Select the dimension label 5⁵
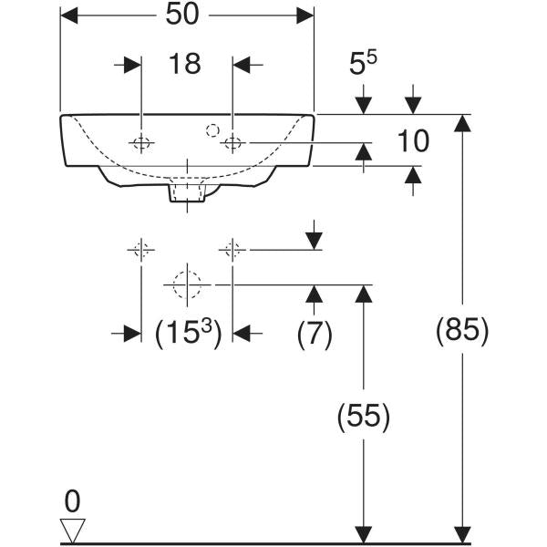click(363, 64)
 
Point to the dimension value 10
click(413, 141)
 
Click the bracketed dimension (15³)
click(187, 334)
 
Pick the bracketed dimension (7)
click(315, 334)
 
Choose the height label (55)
click(364, 417)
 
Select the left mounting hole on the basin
click(141, 142)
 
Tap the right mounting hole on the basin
click(233, 142)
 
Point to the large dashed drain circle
click(187, 284)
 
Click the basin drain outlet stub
click(187, 192)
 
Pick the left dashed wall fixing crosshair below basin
click(140, 249)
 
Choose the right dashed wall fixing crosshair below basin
click(233, 249)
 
